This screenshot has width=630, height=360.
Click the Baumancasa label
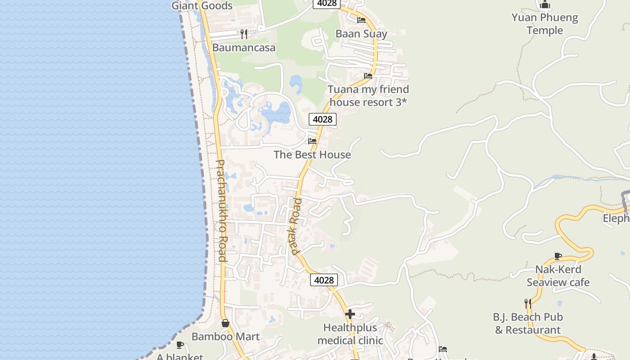pyautogui.click(x=243, y=48)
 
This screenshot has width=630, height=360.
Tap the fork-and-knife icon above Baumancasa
pyautogui.click(x=243, y=34)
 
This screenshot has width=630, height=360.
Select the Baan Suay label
pyautogui.click(x=361, y=34)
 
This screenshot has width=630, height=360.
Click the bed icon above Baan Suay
pyautogui.click(x=361, y=20)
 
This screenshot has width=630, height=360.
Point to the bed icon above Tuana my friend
pyautogui.click(x=368, y=76)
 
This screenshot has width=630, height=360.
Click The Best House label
pyautogui.click(x=312, y=155)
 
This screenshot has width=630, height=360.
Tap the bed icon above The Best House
pyautogui.click(x=312, y=141)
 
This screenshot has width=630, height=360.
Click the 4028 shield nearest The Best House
pyautogui.click(x=323, y=119)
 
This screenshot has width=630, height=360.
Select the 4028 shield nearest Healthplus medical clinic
pyautogui.click(x=324, y=280)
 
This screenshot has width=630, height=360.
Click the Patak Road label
pyautogui.click(x=295, y=226)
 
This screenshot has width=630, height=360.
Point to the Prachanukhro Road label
pyautogui.click(x=221, y=211)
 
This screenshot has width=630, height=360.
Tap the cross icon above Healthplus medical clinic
pyautogui.click(x=350, y=314)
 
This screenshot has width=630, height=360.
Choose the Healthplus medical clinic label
pyautogui.click(x=350, y=334)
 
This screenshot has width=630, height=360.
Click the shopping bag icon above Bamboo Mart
pyautogui.click(x=225, y=323)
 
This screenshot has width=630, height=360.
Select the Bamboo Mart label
pyautogui.click(x=225, y=337)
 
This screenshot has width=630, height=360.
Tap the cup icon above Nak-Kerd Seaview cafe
pyautogui.click(x=558, y=256)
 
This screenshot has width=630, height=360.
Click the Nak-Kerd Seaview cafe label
pyautogui.click(x=558, y=276)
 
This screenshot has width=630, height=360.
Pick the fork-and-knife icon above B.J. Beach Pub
pyautogui.click(x=528, y=304)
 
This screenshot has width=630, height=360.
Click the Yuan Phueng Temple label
pyautogui.click(x=544, y=24)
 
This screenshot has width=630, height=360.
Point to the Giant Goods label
pyautogui.click(x=202, y=6)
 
